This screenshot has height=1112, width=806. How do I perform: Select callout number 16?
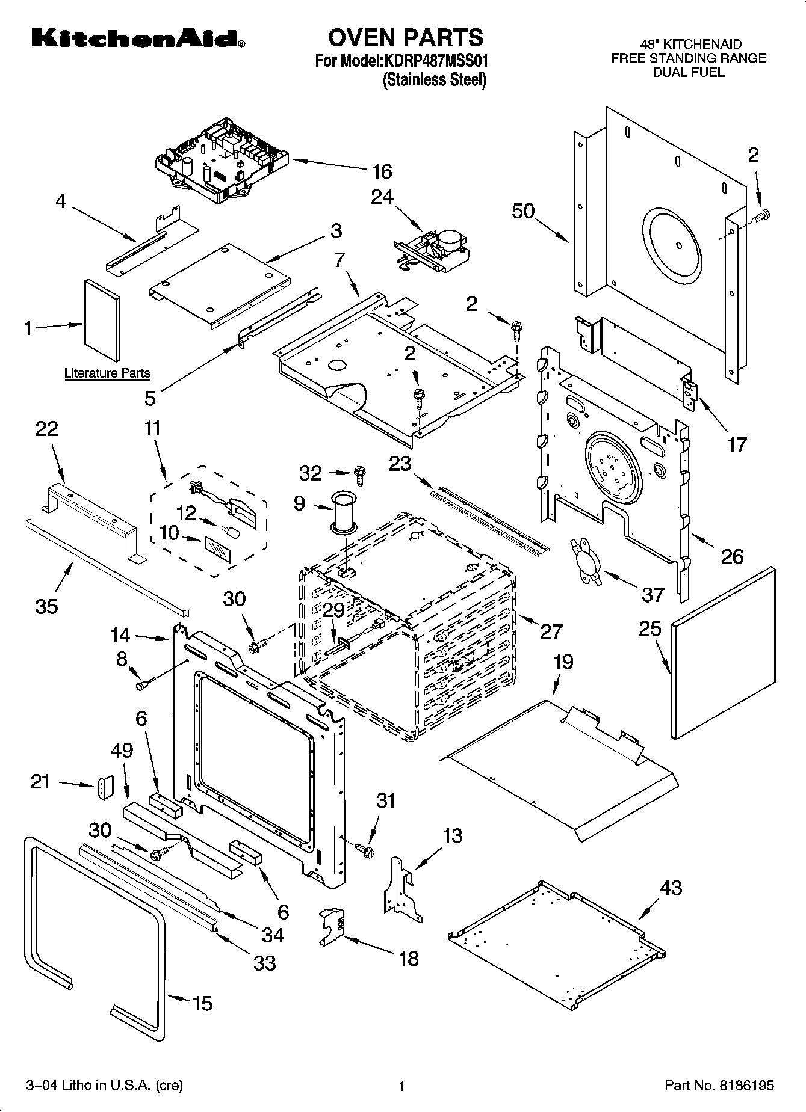coord(382,171)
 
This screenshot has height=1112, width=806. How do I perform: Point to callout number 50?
coord(524,211)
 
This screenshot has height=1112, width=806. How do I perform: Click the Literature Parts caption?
coord(107,373)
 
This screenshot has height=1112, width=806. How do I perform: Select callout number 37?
coord(653,595)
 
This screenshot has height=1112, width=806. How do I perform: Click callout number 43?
coord(671,888)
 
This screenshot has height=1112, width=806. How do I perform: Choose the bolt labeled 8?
coord(145,684)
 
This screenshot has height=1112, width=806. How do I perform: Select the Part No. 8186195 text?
coord(719,1086)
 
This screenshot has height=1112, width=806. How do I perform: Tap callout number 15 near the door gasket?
coord(202,1003)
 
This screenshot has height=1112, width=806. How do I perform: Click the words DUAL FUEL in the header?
coord(689,72)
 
